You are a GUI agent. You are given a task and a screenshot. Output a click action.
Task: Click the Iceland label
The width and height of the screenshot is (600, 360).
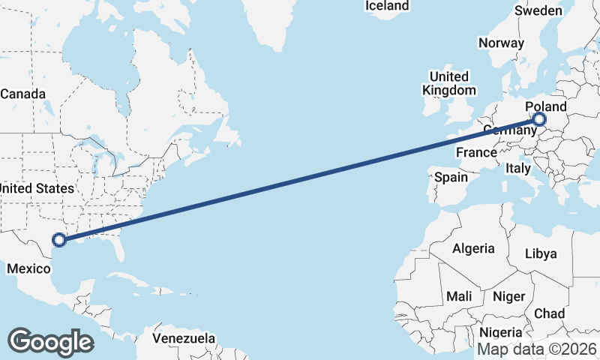tap(387, 6)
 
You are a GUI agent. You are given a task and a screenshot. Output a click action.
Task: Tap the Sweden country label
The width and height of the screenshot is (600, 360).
tap(538, 10)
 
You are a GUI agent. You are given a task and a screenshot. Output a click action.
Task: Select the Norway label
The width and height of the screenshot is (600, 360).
tap(501, 43)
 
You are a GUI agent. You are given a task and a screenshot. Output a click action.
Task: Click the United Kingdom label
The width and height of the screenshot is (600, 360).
tap(448, 83)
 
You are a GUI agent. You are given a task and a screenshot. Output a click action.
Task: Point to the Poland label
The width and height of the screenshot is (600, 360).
tap(546, 107)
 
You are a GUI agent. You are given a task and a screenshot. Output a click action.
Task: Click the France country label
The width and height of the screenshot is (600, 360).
tap(476, 152)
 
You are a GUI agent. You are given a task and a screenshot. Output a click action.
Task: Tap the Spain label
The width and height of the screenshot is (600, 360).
tap(451, 178)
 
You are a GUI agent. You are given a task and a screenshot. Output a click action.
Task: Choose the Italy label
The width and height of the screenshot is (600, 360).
tap(518, 167)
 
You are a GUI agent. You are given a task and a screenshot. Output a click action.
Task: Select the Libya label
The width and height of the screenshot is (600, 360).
tap(541, 253)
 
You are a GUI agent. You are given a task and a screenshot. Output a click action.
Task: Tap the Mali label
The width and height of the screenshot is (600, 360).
tap(459, 297)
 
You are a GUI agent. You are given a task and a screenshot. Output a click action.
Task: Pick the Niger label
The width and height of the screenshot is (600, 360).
tap(508, 297)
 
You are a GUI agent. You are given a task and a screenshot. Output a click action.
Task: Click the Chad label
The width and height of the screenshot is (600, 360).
tap(550, 313)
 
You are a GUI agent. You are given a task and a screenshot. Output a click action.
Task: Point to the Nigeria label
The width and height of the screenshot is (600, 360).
tap(500, 332)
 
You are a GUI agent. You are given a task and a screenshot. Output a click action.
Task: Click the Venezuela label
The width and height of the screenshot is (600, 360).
tap(184, 338)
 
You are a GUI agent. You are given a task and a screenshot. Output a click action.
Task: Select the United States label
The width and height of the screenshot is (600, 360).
tap(37, 188)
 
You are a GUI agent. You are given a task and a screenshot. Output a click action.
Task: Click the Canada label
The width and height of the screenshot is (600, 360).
tap(22, 94)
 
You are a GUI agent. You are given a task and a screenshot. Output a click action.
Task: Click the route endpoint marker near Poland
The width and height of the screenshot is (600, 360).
tap(539, 119)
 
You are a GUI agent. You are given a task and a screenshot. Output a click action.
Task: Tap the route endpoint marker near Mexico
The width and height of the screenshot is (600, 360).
tap(58, 241)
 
